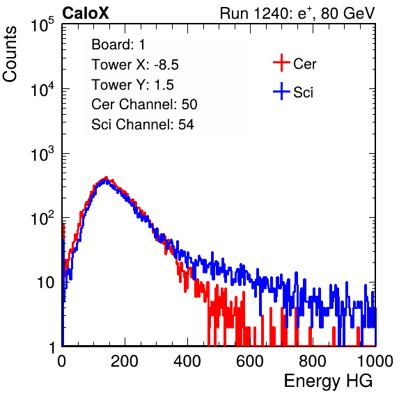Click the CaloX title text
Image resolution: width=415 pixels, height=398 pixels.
[x=86, y=13]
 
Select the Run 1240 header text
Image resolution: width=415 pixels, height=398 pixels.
[x=297, y=13]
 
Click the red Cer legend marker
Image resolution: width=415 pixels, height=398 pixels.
[x=281, y=63]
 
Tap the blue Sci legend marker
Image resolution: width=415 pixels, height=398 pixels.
[x=281, y=92]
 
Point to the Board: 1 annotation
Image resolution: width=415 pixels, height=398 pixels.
[x=118, y=45]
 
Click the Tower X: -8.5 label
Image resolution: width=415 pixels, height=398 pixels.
[x=135, y=65]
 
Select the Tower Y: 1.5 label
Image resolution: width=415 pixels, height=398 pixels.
[x=132, y=85]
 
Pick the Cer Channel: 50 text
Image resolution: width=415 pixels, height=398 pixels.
[x=144, y=104]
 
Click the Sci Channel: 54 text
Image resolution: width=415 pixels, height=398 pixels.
[x=143, y=125]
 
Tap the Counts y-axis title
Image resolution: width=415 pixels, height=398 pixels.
[x=10, y=54]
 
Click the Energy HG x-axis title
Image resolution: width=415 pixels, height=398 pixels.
[x=328, y=381]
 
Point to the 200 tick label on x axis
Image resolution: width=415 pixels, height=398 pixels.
[x=125, y=361]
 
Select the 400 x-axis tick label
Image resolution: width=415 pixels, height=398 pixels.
[x=187, y=361]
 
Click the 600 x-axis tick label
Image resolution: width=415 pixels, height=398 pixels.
[x=250, y=361]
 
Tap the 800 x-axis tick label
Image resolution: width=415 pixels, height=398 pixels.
[x=313, y=361]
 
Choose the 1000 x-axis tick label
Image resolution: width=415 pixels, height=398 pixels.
[x=375, y=361]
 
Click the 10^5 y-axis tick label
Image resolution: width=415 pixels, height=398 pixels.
[x=43, y=24]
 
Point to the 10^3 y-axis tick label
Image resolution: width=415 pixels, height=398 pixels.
[x=43, y=154]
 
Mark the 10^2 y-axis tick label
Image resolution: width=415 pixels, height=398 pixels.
[x=43, y=218]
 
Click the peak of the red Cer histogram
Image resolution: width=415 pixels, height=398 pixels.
[x=106, y=177]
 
